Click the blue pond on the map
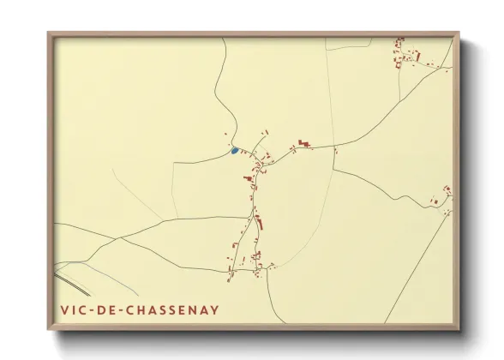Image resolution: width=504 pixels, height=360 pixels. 234,151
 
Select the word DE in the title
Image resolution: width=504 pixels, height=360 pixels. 108,310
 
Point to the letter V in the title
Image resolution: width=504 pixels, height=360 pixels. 65,310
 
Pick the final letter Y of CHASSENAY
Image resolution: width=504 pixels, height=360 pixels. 214,310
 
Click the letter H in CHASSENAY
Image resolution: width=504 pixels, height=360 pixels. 142,310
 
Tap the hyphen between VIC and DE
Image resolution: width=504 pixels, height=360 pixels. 92,310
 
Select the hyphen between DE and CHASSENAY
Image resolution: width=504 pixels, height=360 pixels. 123,310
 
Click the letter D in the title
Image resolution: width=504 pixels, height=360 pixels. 102,310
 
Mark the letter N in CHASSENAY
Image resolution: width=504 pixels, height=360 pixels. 191,310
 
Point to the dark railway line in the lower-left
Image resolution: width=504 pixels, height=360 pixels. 73,282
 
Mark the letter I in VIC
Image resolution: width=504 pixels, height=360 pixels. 75,310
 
